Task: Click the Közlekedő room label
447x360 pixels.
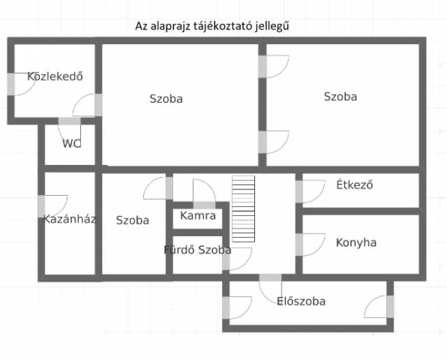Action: click(x=55, y=76)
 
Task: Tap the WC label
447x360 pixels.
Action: click(x=71, y=143)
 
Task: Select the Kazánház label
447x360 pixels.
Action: click(x=70, y=219)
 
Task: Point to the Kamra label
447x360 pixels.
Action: click(x=198, y=215)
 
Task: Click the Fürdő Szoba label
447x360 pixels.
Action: click(x=198, y=250)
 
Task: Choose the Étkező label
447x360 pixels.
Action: click(x=355, y=185)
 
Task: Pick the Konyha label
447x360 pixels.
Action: click(x=356, y=243)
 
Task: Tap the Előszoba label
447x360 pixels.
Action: click(x=301, y=301)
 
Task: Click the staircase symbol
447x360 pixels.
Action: click(x=244, y=209)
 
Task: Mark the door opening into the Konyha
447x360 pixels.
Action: click(x=310, y=245)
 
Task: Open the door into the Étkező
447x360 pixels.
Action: click(x=310, y=192)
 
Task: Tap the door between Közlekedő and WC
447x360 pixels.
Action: click(x=70, y=132)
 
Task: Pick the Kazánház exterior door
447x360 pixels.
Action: click(x=53, y=206)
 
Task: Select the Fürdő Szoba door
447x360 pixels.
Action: click(x=237, y=259)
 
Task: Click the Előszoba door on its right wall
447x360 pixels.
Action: click(x=379, y=307)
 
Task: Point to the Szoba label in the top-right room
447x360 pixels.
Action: click(x=340, y=96)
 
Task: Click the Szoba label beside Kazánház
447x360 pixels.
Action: click(x=133, y=220)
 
